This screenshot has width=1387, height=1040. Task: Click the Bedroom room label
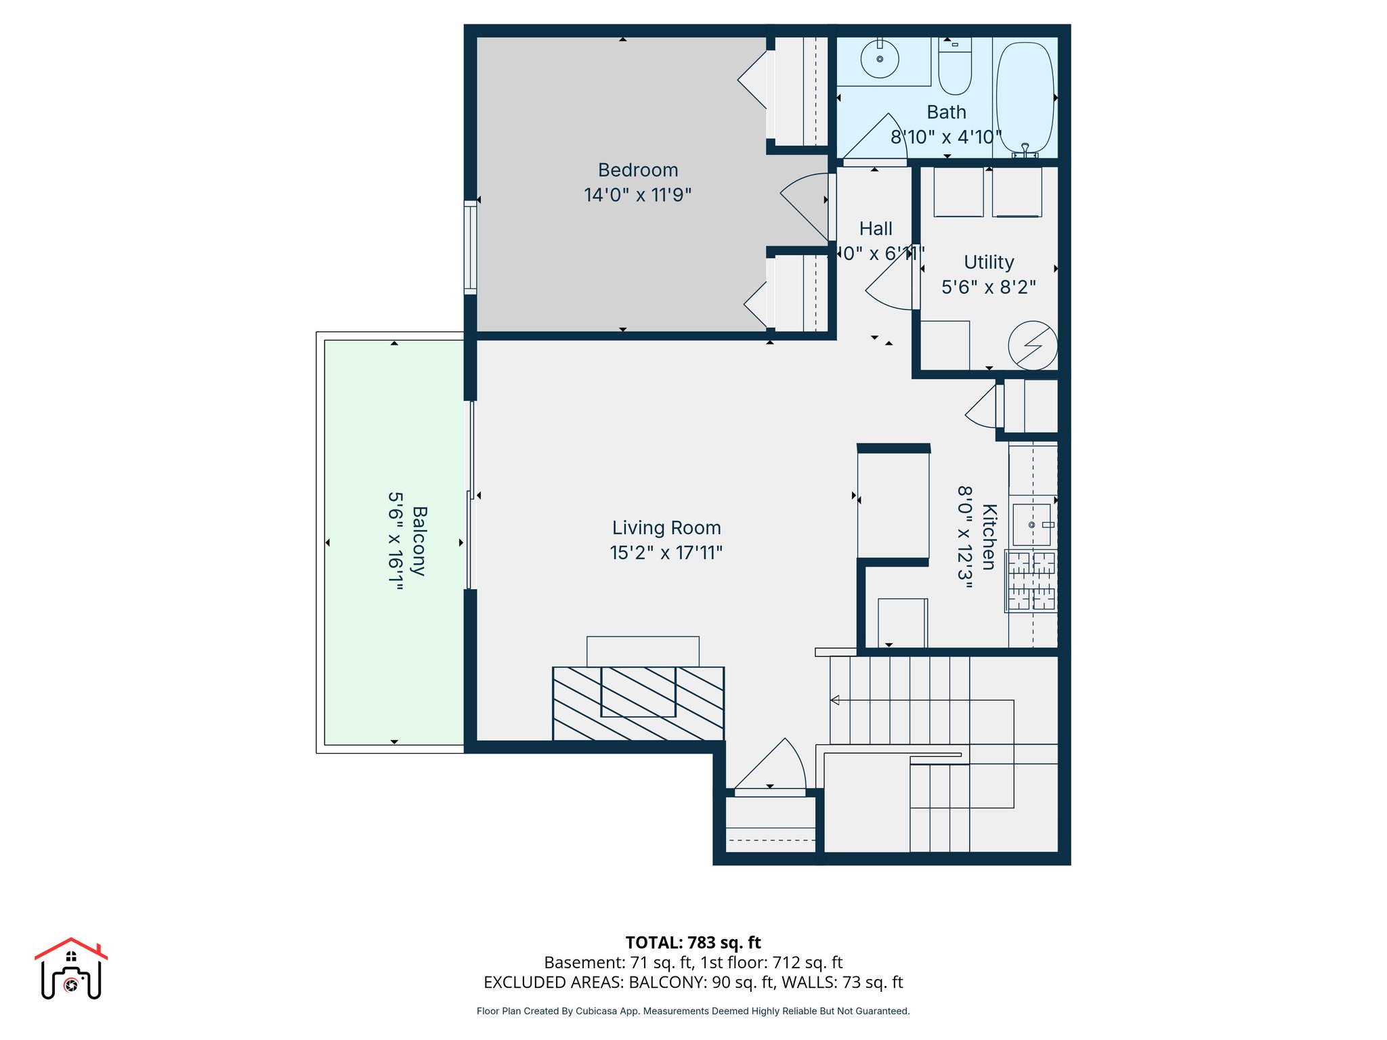[x=638, y=170]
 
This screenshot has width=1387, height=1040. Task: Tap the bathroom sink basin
[x=880, y=60]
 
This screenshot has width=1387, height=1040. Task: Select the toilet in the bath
[x=955, y=68]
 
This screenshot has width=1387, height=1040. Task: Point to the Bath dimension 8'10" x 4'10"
[x=945, y=137]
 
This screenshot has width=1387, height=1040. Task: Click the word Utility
[x=989, y=262]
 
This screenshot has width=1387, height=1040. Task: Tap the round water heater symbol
[x=1032, y=345]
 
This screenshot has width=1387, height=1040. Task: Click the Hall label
[x=876, y=229]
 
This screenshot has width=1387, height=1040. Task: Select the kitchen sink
[x=1031, y=525]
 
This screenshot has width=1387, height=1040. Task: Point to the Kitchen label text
[x=989, y=537]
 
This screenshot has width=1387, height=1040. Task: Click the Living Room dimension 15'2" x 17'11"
[x=666, y=553]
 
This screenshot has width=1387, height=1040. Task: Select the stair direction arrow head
[x=835, y=700]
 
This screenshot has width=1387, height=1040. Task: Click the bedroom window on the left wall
[x=470, y=247]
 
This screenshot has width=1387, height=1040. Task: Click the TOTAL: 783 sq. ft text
[x=693, y=942]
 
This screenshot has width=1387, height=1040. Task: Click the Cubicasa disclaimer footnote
[x=693, y=1011]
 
